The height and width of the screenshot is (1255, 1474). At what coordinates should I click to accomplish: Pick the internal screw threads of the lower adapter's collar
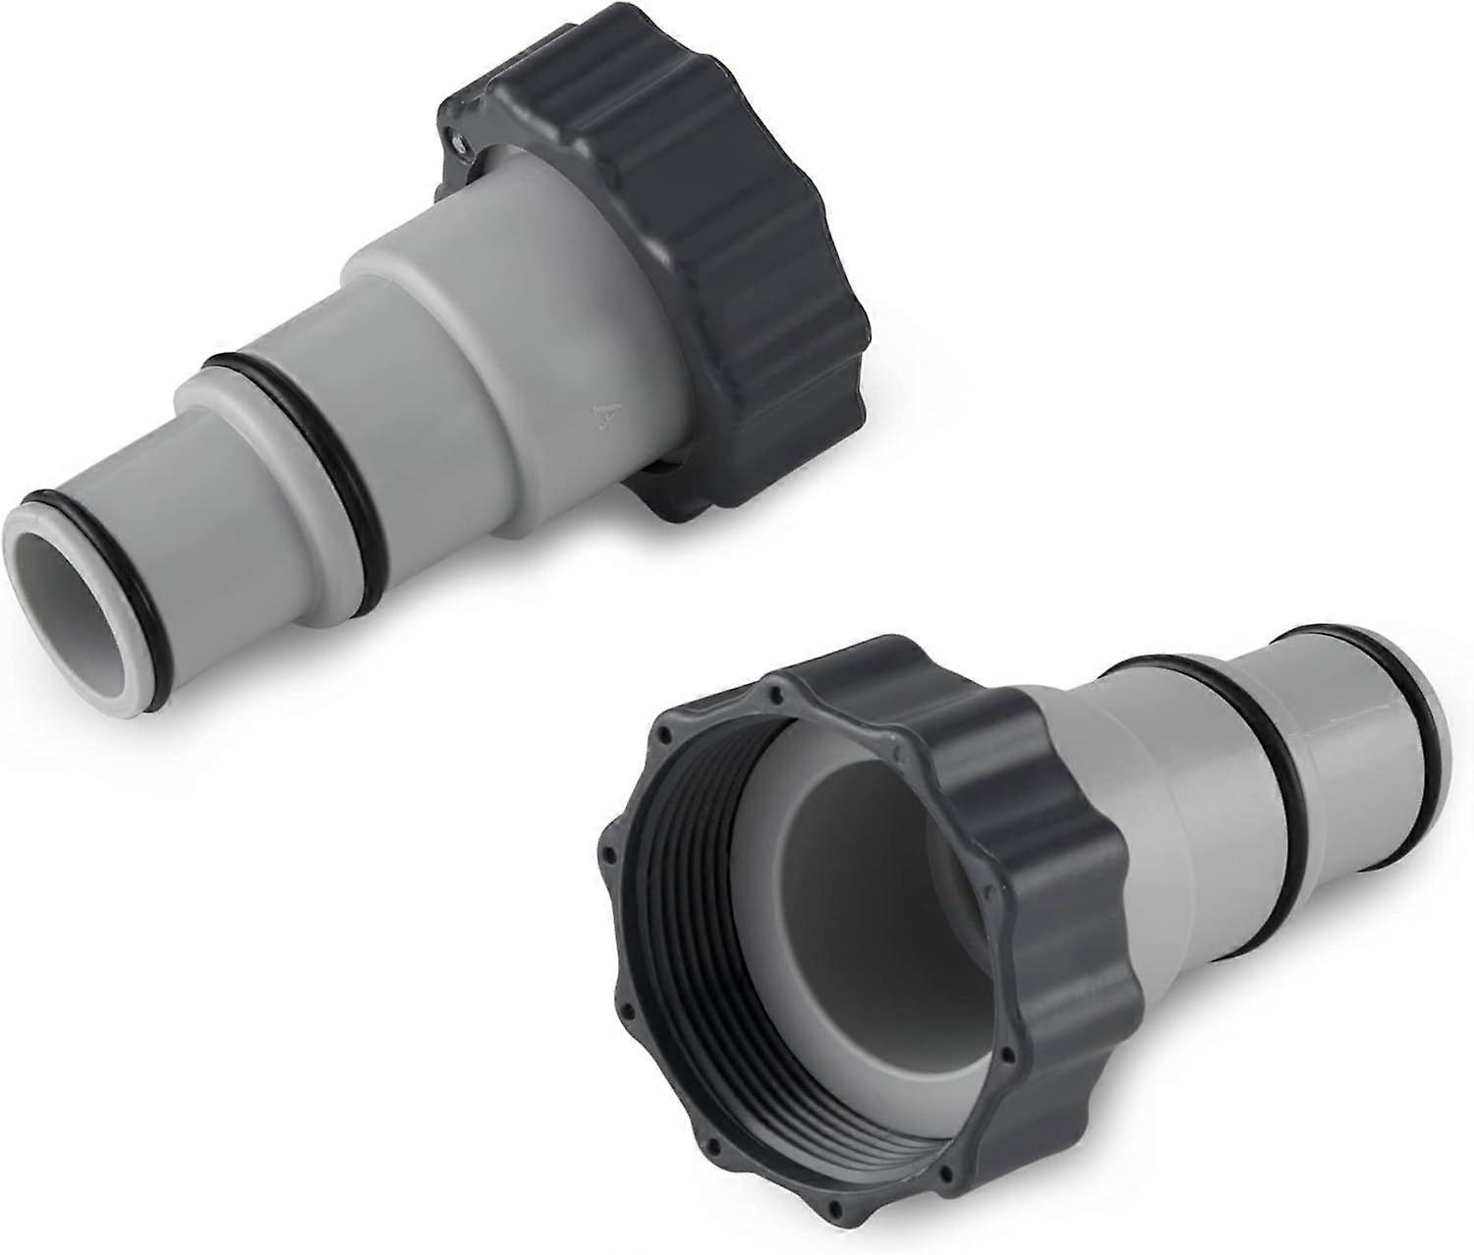[x=747, y=1002]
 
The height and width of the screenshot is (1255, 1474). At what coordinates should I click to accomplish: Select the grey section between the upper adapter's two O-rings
[x=226, y=511]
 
